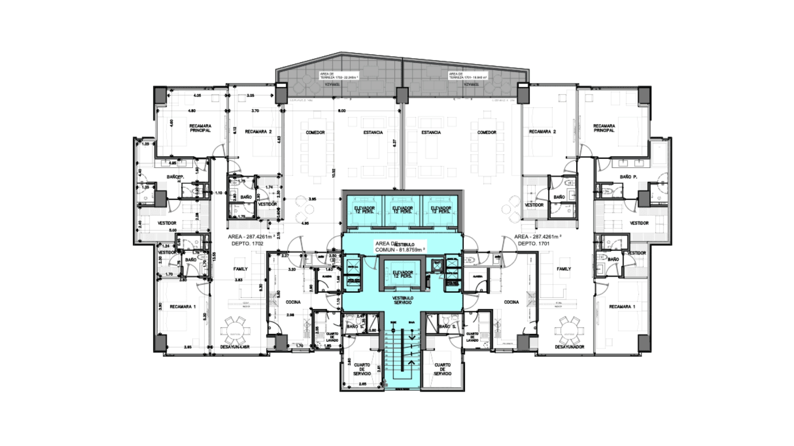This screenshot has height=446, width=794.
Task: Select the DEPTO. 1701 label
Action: (531, 244)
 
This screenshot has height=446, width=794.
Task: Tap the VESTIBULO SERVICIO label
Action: (403, 300)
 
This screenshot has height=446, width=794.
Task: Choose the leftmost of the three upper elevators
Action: (364, 210)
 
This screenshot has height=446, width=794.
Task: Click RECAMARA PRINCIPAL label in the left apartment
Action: (200, 128)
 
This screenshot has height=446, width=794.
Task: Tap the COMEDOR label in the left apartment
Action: (315, 133)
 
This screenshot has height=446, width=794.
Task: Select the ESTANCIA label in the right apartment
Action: (431, 133)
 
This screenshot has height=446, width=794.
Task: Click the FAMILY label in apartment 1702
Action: (240, 269)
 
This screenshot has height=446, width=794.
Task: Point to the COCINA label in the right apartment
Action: (511, 302)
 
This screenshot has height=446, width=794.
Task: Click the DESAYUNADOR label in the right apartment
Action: (569, 347)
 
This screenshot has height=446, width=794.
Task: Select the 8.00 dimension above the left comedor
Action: (342, 111)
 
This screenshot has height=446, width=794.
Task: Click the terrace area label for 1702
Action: (339, 76)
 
